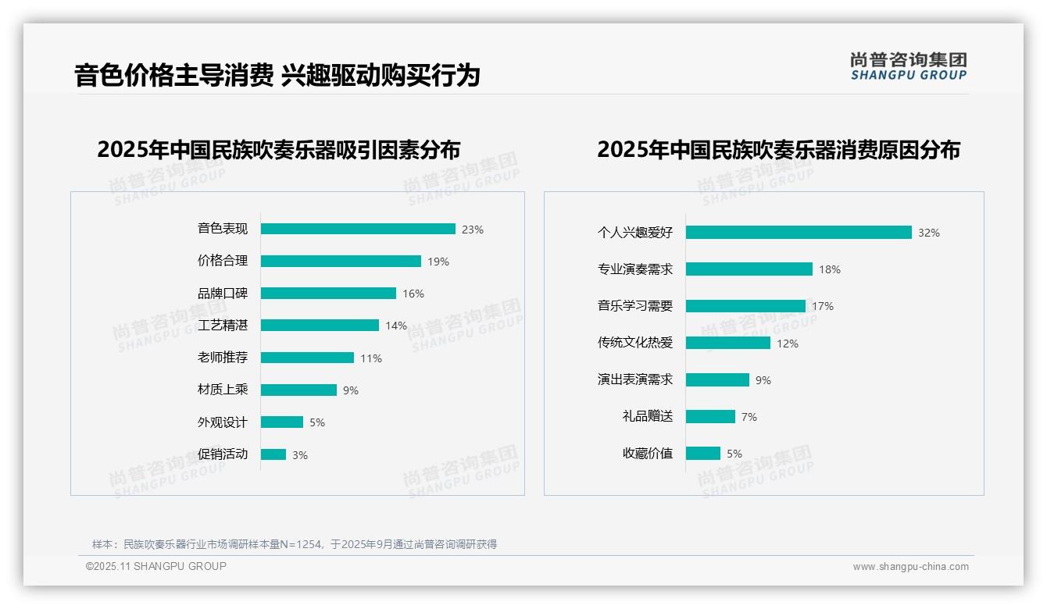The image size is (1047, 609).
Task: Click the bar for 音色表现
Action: [358, 229]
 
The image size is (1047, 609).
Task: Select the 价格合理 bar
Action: [341, 261]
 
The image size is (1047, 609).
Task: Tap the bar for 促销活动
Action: [273, 454]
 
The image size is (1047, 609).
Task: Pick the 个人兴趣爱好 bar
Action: [799, 233]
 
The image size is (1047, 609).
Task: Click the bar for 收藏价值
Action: [703, 453]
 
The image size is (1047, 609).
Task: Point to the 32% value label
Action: [929, 233]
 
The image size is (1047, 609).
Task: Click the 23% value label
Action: [473, 230]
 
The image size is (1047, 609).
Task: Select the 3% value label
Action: [300, 455]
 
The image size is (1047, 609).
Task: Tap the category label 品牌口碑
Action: [223, 294]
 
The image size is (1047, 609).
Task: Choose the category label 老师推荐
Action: [223, 358]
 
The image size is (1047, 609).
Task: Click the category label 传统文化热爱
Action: [635, 343]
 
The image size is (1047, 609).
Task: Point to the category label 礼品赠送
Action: [648, 416]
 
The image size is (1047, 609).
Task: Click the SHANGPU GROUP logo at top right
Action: [909, 66]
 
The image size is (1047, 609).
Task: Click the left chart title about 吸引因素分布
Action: [279, 149]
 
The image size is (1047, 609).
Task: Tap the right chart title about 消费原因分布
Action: [778, 149]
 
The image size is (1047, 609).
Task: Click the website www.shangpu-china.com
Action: [910, 567]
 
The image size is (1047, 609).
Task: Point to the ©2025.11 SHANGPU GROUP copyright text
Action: [156, 566]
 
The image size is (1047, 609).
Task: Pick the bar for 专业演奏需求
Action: [749, 269]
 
